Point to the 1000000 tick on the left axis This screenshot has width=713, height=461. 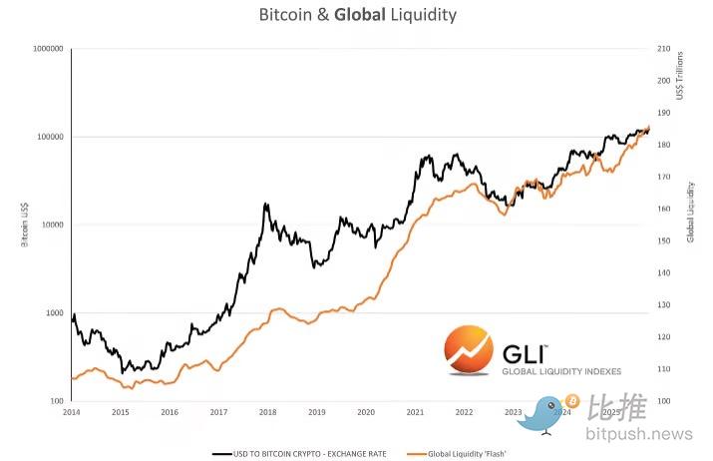pos(48,49)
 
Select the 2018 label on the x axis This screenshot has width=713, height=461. pos(267,410)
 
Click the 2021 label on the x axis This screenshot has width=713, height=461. pos(415,410)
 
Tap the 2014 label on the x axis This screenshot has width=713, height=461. pos(71,410)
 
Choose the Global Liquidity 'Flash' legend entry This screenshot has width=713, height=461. pos(470,453)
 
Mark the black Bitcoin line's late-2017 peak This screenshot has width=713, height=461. pos(265,204)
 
